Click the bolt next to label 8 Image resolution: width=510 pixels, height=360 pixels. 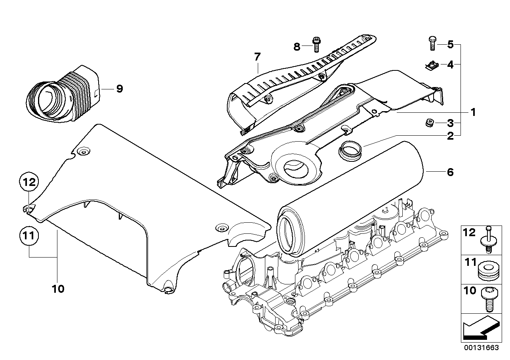(x=316, y=45)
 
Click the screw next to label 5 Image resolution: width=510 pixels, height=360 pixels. (x=432, y=43)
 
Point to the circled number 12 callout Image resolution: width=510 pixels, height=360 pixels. (x=28, y=182)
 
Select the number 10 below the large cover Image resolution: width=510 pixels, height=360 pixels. (x=58, y=289)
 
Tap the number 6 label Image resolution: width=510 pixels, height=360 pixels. (x=450, y=172)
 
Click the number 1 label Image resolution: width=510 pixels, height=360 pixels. (x=472, y=112)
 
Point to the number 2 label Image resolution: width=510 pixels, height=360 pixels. (x=450, y=136)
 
